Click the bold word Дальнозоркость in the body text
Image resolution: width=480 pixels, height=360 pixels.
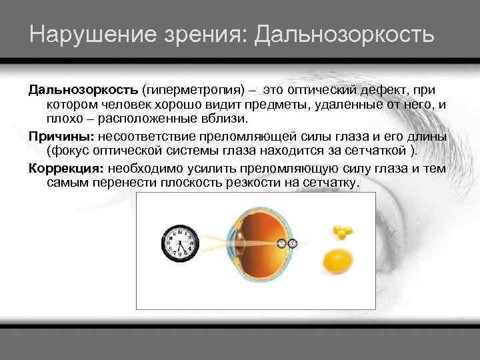[83, 89]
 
